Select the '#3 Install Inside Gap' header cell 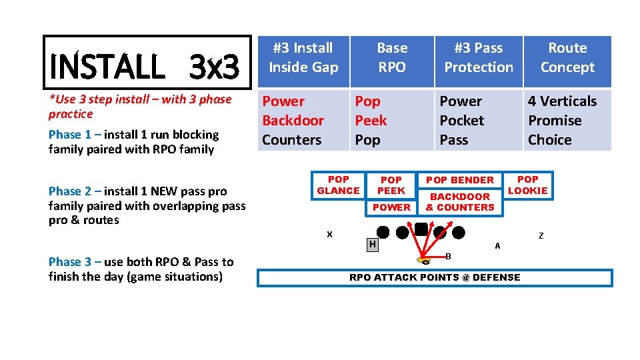click(303, 58)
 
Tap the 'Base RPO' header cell click(392, 58)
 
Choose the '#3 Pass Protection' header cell click(479, 58)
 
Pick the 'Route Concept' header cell click(567, 58)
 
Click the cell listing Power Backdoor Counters click(303, 121)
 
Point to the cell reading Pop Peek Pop click(392, 121)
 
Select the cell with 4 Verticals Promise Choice click(567, 121)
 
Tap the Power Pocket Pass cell click(479, 121)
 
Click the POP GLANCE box click(338, 185)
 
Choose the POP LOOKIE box click(527, 185)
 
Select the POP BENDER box click(460, 180)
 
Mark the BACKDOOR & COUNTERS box click(460, 202)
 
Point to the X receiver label click(329, 234)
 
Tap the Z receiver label click(541, 236)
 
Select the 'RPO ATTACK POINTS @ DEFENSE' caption click(435, 277)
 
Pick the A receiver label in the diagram click(497, 245)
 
